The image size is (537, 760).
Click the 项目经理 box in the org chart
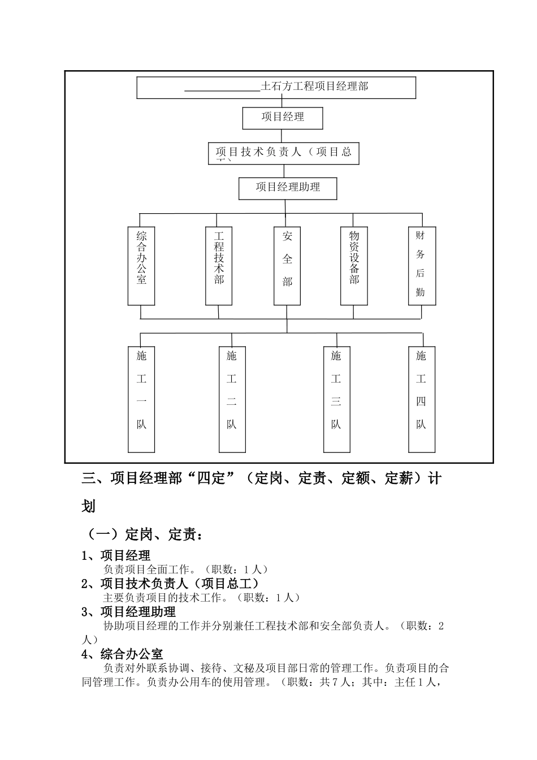coord(283,118)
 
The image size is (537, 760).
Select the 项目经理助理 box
coord(288,188)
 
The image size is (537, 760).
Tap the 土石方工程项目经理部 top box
coord(276,87)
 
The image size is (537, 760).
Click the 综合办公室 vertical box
coord(141,265)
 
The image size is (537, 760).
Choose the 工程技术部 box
coord(219,265)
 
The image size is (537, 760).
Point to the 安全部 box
coord(287,265)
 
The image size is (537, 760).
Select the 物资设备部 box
coord(354,265)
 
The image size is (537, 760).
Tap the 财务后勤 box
coord(422,265)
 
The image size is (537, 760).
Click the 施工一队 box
coord(141,399)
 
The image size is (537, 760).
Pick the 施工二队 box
coord(232,399)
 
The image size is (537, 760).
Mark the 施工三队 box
coord(336,399)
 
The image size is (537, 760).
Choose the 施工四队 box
coord(422,399)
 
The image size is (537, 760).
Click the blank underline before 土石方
coord(222,88)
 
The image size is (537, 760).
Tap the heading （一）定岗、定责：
coord(142,534)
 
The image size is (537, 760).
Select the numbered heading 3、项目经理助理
coord(129,612)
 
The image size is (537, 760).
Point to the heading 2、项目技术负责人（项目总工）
coord(170,584)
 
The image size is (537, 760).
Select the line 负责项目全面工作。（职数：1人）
coord(186,569)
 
